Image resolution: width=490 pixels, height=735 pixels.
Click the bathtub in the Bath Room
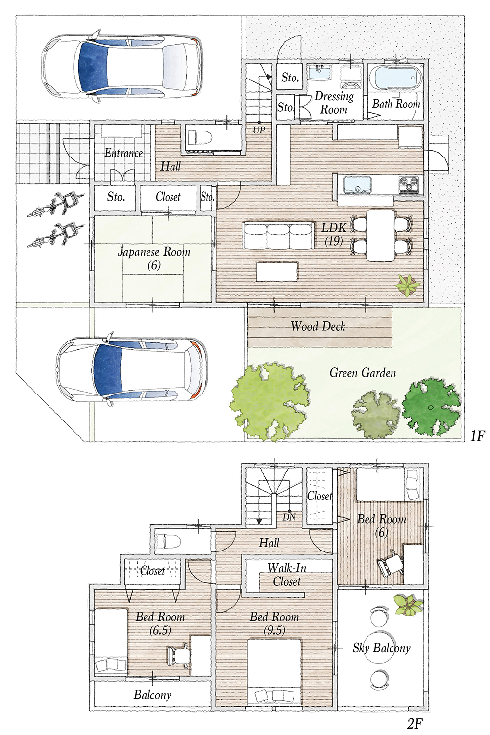click(x=396, y=78)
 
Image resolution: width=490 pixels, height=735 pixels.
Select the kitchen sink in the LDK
click(x=357, y=185)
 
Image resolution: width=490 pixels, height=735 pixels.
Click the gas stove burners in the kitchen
click(x=409, y=185)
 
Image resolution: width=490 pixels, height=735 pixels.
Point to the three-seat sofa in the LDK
click(x=278, y=235)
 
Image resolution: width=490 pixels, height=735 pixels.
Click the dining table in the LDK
click(x=381, y=235)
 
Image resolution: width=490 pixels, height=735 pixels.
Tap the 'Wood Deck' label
click(x=318, y=326)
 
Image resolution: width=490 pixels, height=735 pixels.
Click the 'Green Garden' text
click(x=363, y=373)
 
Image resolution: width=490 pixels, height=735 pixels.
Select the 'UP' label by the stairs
click(x=259, y=130)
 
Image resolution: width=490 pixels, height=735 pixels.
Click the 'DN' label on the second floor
click(x=289, y=518)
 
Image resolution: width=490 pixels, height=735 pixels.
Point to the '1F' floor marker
click(x=477, y=437)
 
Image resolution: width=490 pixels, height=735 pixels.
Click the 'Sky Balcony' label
click(x=382, y=648)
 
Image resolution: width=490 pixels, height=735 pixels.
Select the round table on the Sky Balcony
click(x=380, y=647)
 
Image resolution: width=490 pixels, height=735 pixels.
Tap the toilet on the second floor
click(x=168, y=540)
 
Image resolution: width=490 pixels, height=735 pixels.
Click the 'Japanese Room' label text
click(x=154, y=252)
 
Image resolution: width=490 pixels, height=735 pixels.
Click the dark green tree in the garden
click(x=431, y=407)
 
